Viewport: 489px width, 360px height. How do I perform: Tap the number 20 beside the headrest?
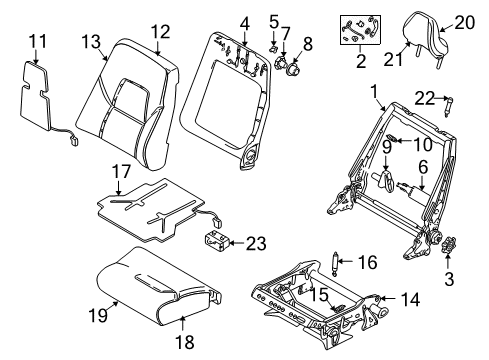465,21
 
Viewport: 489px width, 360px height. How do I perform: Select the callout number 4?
244,23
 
